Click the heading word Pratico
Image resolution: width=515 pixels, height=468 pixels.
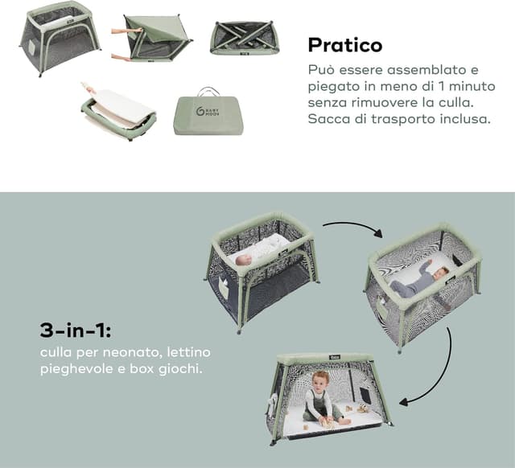345,44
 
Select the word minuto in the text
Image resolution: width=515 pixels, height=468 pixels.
469,86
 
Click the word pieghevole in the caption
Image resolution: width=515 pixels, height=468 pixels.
74,370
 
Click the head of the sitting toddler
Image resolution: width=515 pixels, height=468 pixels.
320,380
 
